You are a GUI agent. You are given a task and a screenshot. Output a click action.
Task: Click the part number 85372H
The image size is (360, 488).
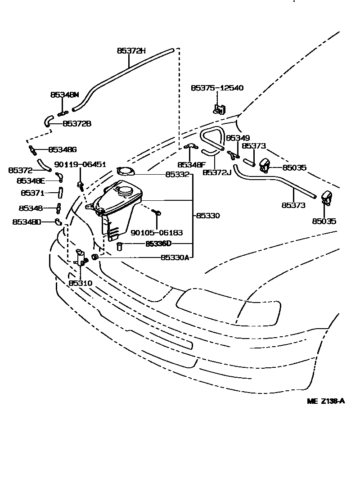coord(131,51)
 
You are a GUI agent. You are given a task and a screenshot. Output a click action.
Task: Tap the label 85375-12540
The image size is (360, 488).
coord(217,88)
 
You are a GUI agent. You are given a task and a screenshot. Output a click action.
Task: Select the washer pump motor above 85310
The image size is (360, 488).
coord(81,258)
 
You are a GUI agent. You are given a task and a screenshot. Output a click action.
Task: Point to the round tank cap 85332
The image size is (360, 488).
coord(125,171)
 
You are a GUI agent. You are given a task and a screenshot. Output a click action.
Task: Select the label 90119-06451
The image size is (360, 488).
coord(80,165)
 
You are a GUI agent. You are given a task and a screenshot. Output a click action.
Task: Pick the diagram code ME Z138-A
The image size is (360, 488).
coord(326,402)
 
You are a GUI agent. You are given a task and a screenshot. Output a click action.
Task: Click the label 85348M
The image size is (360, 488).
coord(64,95)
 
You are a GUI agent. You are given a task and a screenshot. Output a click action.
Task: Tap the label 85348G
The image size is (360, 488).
coord(63,149)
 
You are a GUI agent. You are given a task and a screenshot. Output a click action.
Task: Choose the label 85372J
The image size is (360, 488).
coord(216,172)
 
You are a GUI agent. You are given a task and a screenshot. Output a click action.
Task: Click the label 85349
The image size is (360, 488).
coord(237,138)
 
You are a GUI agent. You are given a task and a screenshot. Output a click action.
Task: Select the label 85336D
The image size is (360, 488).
coord(158,244)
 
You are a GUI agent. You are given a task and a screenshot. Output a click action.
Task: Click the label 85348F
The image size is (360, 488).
coord(191,165)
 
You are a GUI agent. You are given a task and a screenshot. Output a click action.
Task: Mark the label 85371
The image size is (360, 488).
coord(33,192)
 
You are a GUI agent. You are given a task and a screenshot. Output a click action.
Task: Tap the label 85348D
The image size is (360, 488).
coord(27,221)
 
